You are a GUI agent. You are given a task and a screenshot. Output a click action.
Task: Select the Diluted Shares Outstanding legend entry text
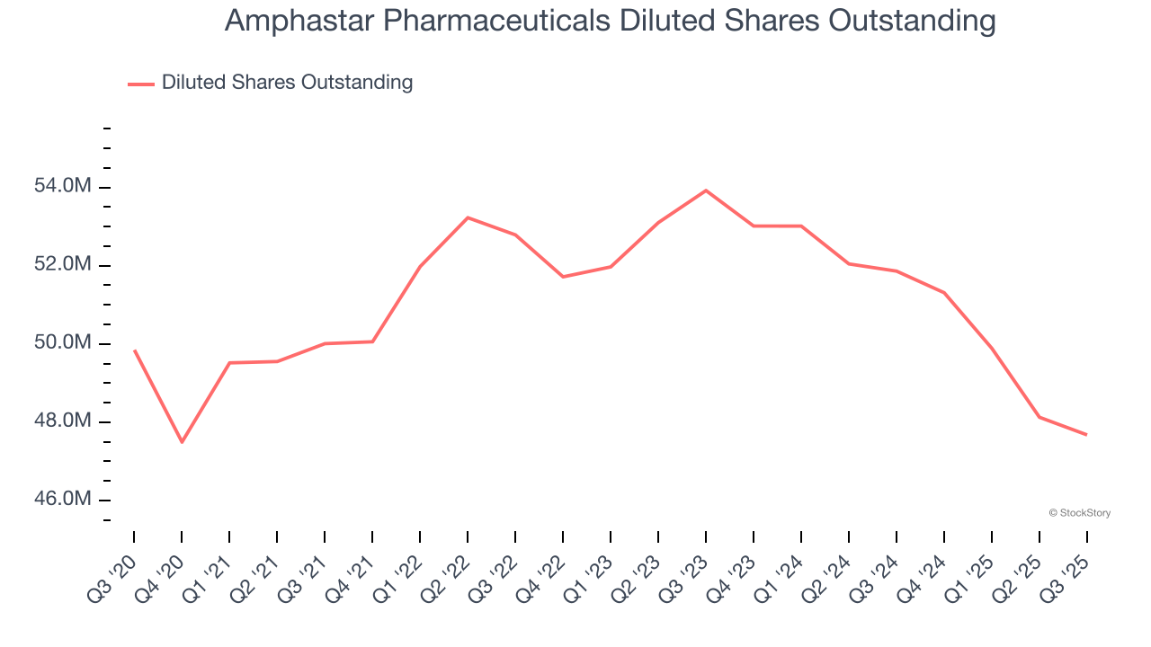click(287, 83)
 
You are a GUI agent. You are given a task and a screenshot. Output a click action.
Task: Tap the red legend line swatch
click(141, 84)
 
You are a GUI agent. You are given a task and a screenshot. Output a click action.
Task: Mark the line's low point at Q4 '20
click(182, 442)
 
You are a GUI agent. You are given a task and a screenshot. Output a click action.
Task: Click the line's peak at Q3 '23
click(706, 191)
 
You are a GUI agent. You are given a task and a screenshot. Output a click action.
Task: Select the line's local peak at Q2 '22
click(468, 217)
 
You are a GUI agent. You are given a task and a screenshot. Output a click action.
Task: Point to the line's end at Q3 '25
click(1086, 435)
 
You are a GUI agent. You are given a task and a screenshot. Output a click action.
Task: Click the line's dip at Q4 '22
click(563, 277)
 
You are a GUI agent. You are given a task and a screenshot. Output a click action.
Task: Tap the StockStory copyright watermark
click(1080, 513)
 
